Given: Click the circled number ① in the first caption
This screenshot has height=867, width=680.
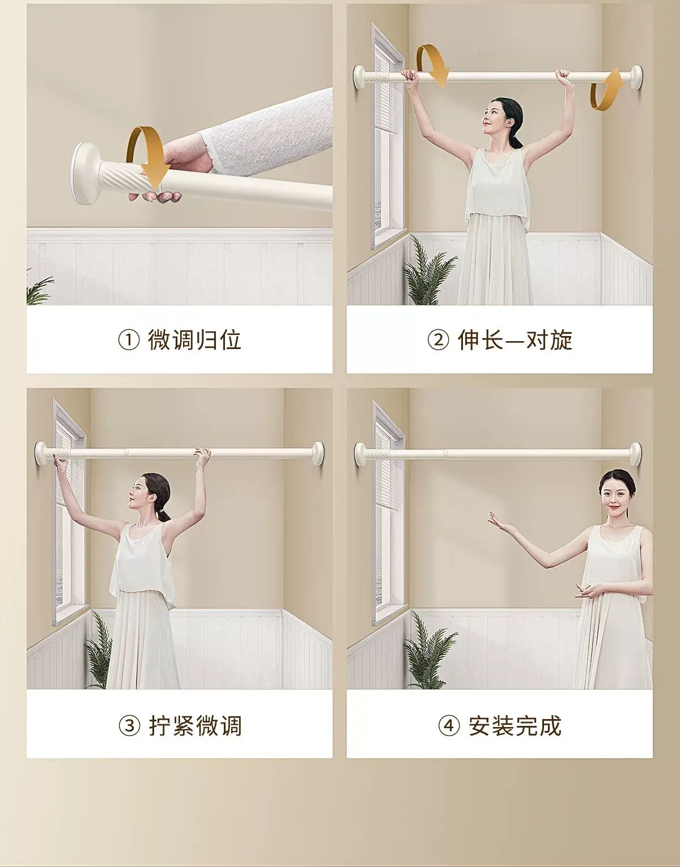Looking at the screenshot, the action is pos(129,341).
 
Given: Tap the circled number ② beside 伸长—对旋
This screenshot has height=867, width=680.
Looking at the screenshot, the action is pos(438,341).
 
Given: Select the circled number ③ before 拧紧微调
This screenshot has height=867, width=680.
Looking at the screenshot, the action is pos(129,726).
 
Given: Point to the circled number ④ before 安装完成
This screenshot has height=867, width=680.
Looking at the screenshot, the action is pos(449,726).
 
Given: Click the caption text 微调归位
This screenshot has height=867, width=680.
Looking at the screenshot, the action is pos(194,341).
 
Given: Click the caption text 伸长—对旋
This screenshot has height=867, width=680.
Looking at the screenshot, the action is pos(515,341).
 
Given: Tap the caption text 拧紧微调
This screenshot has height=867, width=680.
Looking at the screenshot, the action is pos(195,726).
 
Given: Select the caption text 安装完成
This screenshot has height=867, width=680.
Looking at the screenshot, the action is pos(515,726).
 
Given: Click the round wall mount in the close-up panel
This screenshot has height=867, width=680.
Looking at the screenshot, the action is pos(85,174).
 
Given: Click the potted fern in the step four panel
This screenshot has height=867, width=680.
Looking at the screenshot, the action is pos(430,654).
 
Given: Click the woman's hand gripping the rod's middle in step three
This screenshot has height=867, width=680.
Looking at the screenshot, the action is pos(202,455).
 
